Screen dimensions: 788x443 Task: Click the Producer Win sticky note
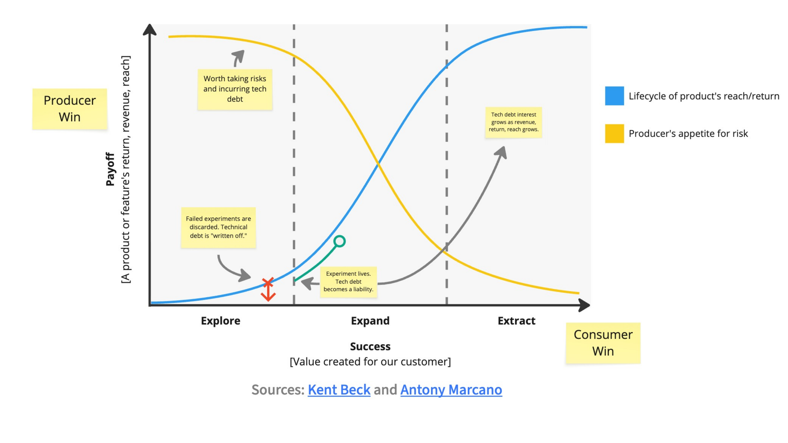70,109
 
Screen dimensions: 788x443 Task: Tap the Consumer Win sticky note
603,343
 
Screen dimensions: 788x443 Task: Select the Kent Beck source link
339,390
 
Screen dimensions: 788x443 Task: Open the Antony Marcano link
451,390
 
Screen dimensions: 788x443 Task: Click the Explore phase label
221,321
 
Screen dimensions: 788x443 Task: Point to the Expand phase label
370,321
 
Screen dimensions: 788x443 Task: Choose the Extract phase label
516,321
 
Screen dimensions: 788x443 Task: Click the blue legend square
614,96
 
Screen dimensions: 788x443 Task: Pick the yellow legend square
614,133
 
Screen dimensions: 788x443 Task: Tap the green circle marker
340,241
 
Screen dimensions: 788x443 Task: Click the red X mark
268,282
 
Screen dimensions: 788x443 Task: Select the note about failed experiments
218,227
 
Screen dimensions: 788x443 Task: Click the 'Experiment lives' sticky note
348,282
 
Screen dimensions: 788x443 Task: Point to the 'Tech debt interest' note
514,122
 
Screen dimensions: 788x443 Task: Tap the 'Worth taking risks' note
235,89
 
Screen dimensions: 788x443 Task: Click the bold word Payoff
110,169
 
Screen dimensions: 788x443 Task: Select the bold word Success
370,346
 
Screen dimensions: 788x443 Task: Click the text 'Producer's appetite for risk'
688,134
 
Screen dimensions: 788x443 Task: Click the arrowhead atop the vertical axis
150,30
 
